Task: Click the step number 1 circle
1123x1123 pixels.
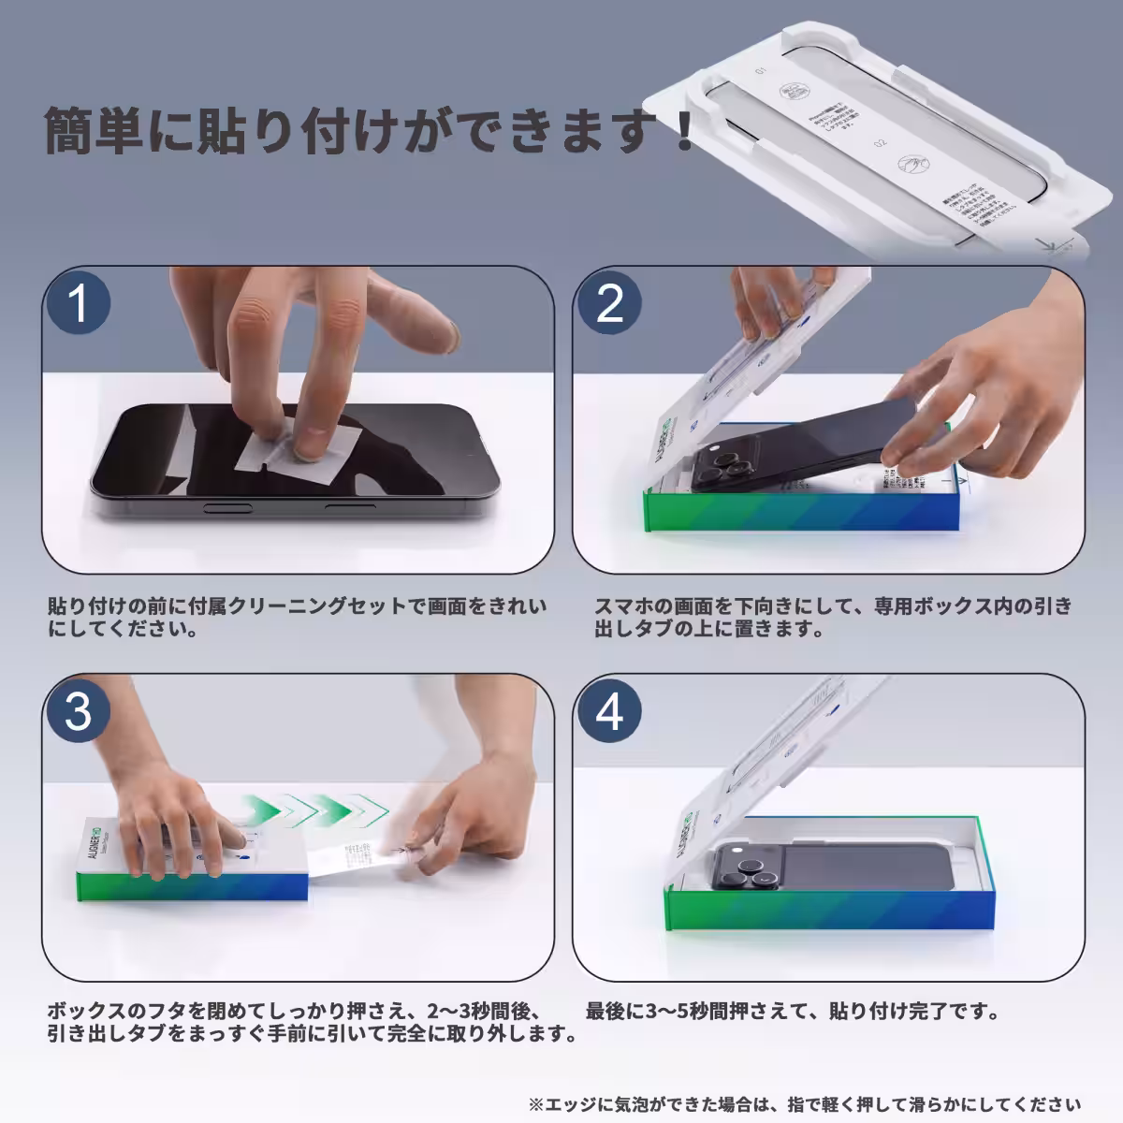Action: pyautogui.click(x=79, y=304)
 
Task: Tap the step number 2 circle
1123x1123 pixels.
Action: pyautogui.click(x=609, y=304)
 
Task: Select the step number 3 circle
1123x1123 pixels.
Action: pyautogui.click(x=79, y=712)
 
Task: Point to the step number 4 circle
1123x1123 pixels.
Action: pyautogui.click(x=609, y=712)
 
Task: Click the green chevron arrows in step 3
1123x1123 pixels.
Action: pyautogui.click(x=314, y=807)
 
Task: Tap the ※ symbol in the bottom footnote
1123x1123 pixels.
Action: pyautogui.click(x=535, y=1104)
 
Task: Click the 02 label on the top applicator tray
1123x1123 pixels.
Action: pyautogui.click(x=880, y=144)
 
